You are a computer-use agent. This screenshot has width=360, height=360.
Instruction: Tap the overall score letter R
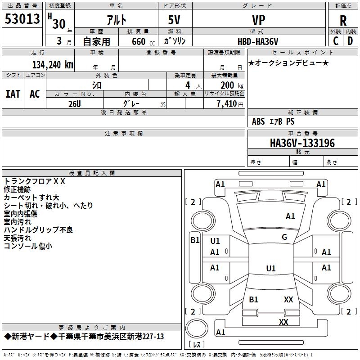point(343,21)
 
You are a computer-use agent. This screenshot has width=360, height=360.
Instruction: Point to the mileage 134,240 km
point(53,64)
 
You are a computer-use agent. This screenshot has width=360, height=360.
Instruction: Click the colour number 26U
point(74,103)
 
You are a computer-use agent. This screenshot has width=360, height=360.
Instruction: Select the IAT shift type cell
point(13,94)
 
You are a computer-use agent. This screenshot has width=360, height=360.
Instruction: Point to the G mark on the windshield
point(284,237)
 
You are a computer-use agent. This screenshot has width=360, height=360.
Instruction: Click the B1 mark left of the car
point(194,240)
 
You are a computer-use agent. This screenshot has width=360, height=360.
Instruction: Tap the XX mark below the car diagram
point(283,322)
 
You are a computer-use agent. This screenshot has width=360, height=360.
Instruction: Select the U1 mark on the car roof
point(270,269)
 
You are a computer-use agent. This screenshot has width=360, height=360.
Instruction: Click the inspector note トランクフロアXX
point(35,181)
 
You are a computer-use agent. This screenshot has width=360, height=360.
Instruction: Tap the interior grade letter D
point(350,40)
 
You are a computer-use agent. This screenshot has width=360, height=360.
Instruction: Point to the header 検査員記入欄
point(92,173)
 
